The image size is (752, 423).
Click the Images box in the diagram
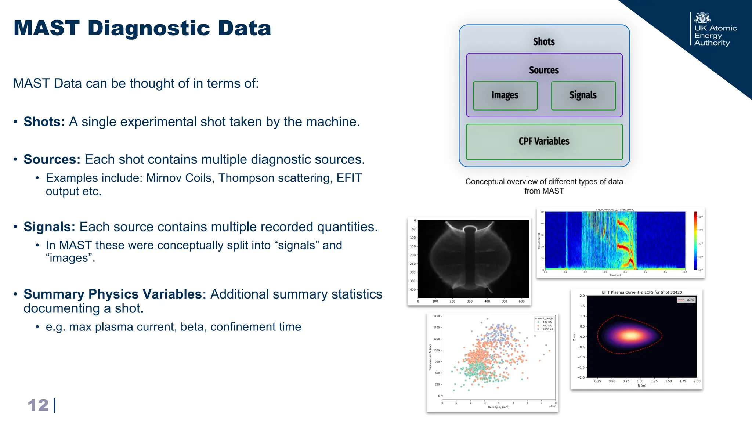click(505, 95)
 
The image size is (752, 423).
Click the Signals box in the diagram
click(583, 95)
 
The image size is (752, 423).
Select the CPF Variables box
click(544, 141)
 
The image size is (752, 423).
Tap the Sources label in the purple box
click(544, 70)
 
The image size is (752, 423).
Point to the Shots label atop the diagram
click(544, 42)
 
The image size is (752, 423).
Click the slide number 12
click(38, 405)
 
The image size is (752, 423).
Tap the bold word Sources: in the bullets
click(52, 160)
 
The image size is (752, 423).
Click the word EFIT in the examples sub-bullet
click(349, 178)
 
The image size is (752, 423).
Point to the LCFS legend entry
click(686, 300)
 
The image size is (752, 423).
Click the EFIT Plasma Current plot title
click(641, 292)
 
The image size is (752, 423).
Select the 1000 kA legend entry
click(547, 329)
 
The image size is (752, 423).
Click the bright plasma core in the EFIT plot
click(631, 335)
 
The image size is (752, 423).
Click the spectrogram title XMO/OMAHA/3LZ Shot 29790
click(615, 210)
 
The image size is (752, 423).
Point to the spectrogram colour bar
click(695, 241)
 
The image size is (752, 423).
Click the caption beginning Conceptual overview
click(544, 186)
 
